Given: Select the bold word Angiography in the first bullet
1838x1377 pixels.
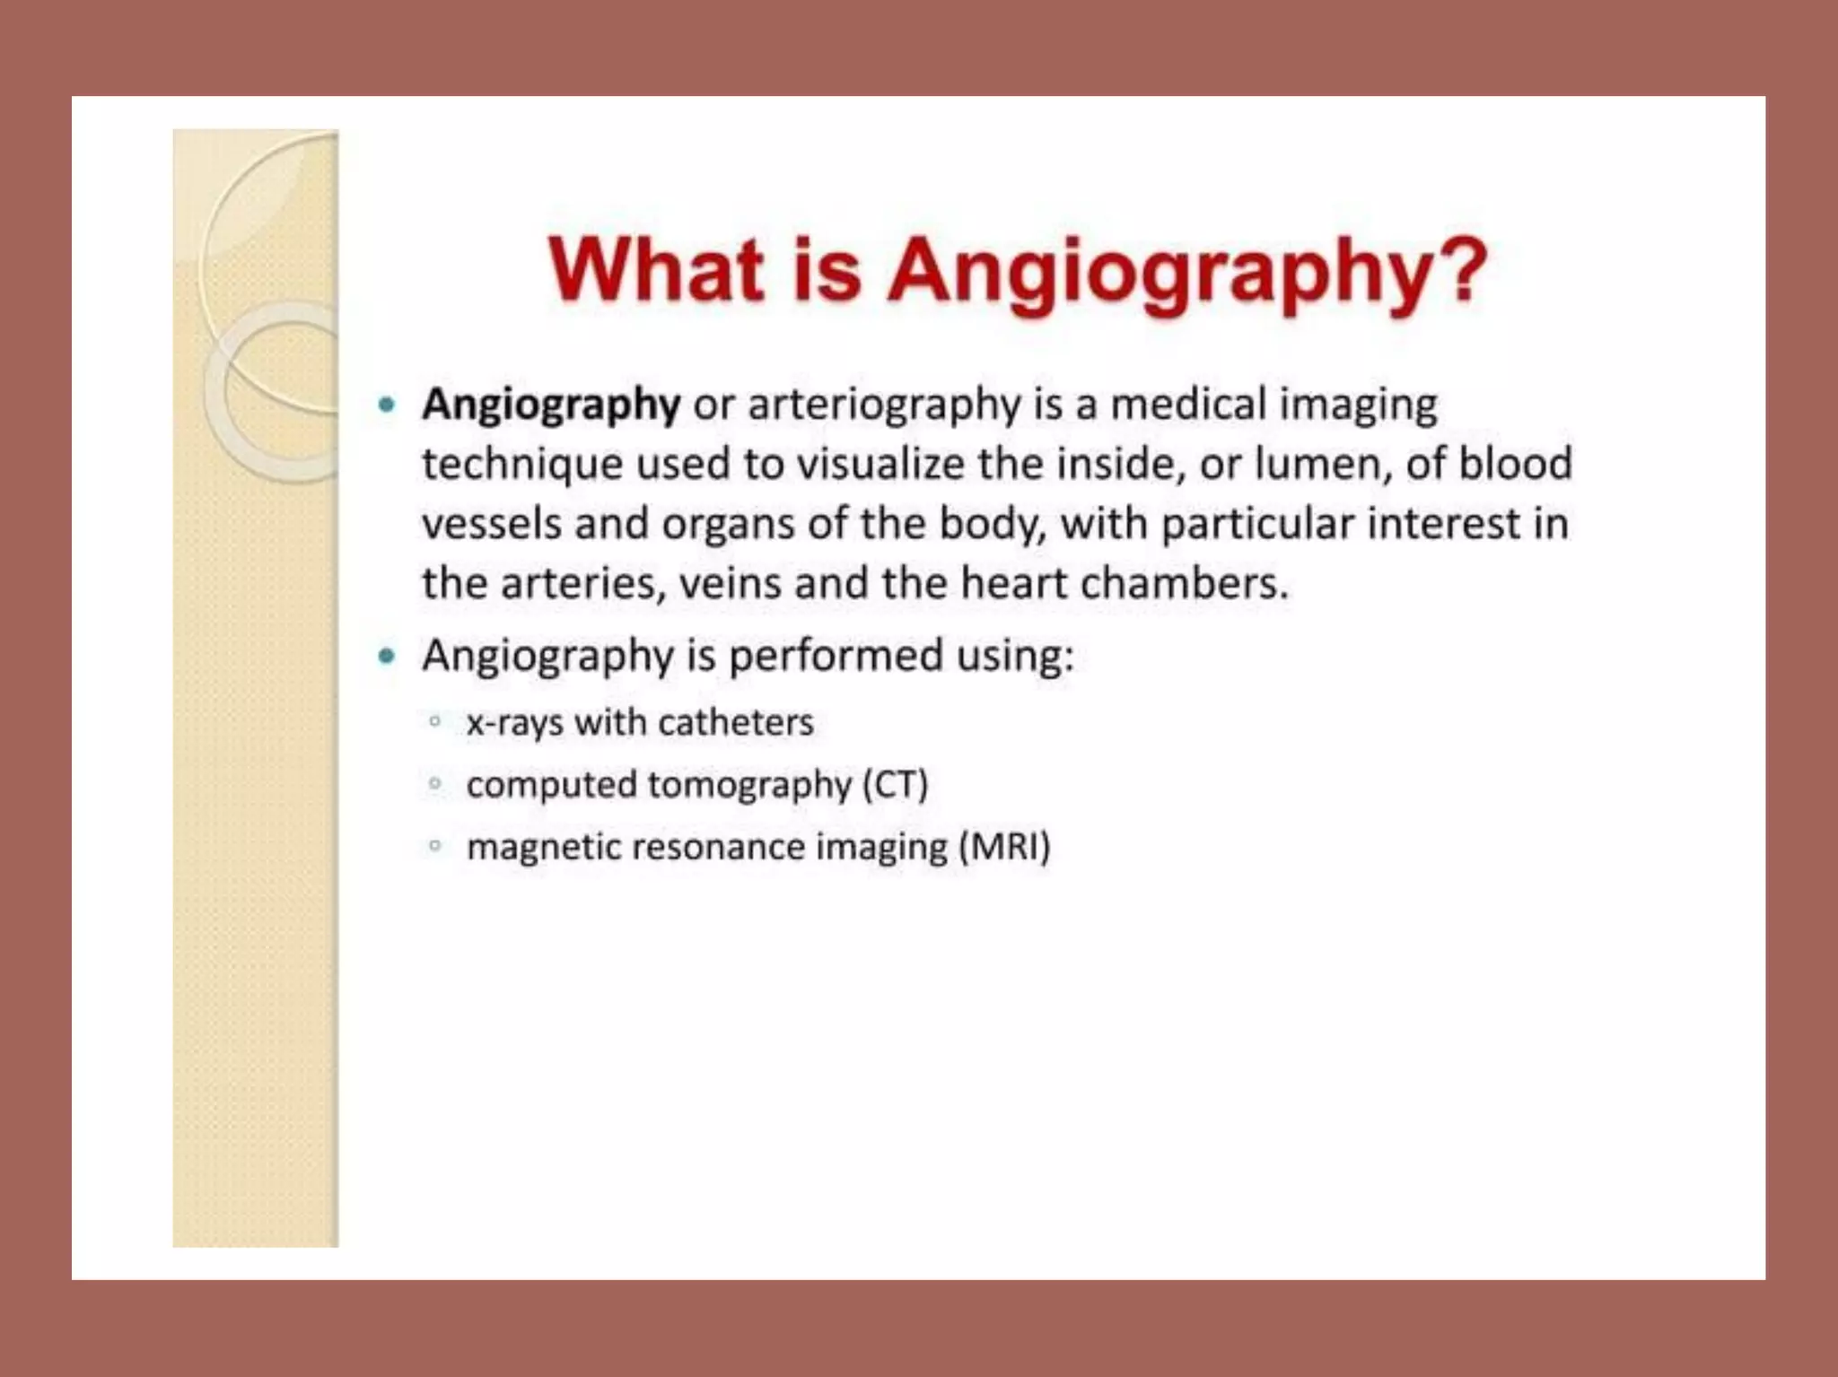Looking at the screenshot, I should [551, 405].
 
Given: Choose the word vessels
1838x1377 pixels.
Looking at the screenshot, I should [492, 524].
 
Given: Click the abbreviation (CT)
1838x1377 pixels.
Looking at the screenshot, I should [895, 786].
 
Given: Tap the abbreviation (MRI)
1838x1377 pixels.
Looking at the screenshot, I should [1004, 848].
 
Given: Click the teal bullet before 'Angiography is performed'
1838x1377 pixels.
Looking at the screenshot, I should [387, 657].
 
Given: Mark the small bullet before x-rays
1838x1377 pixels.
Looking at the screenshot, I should [435, 721].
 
